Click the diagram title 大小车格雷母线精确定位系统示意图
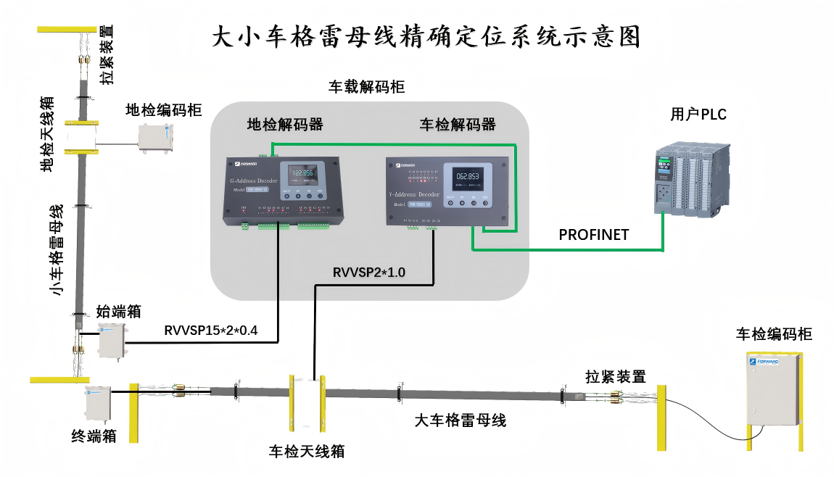pos(426,36)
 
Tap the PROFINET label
pos(593,235)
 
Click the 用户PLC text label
pos(698,115)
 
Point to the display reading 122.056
pos(302,173)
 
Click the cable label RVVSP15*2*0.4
pos(211,331)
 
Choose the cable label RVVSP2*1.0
pos(369,273)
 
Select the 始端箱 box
pos(112,341)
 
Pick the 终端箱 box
pos(98,403)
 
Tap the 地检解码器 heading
pos(285,124)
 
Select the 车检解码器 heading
pos(458,125)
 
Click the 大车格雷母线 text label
pos(460,420)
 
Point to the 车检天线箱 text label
pos(307,452)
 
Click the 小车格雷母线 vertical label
pos(57,250)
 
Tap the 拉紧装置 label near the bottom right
pos(616,376)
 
